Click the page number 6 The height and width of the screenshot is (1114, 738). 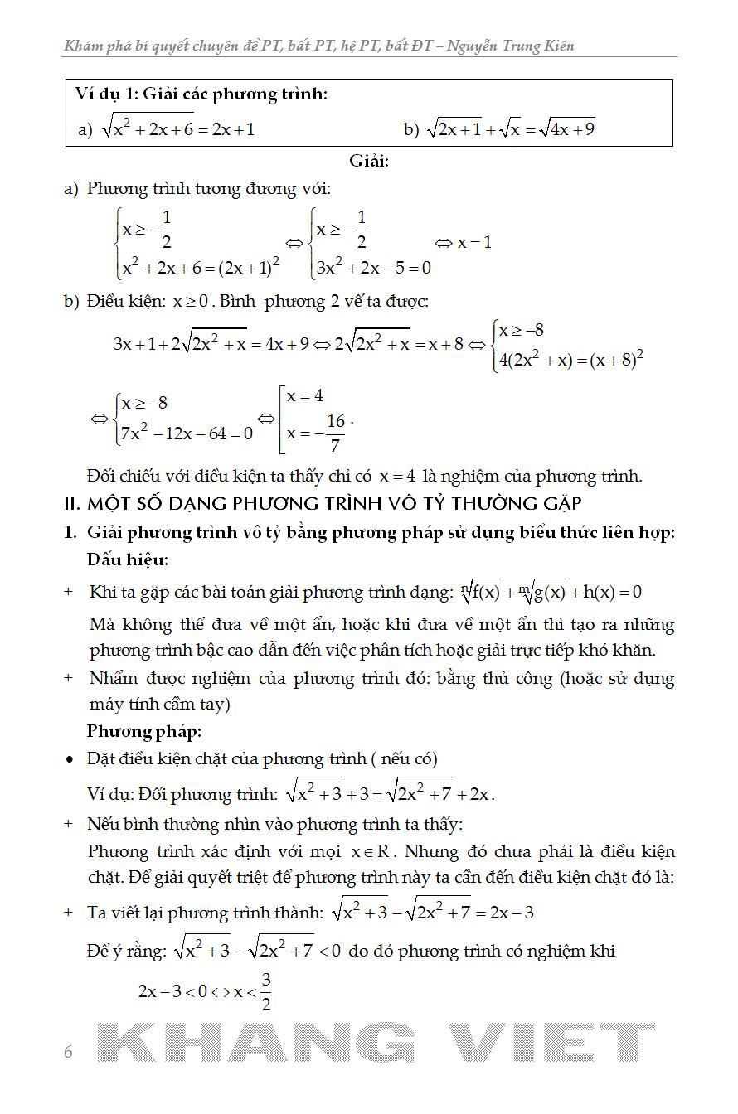pyautogui.click(x=68, y=1052)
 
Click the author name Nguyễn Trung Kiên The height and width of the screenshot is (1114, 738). pyautogui.click(x=510, y=46)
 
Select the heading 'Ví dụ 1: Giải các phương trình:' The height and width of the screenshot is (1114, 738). pyautogui.click(x=201, y=94)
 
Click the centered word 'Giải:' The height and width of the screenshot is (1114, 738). pyautogui.click(x=369, y=161)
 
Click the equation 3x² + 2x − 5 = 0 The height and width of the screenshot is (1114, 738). pyautogui.click(x=372, y=268)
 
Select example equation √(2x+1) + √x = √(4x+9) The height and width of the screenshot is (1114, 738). pyautogui.click(x=510, y=128)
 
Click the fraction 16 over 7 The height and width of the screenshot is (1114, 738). pyautogui.click(x=335, y=433)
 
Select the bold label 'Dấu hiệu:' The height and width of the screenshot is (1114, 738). pyautogui.click(x=128, y=560)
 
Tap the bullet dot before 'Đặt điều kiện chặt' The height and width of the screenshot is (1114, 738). pyautogui.click(x=70, y=759)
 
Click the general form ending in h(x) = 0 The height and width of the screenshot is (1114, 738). pyautogui.click(x=551, y=592)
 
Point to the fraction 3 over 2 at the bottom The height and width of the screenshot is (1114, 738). pyautogui.click(x=266, y=991)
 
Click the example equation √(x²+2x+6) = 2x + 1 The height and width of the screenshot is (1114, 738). pyautogui.click(x=177, y=128)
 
